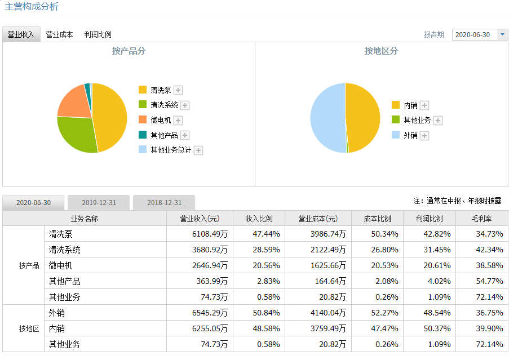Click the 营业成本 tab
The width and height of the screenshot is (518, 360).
[x=59, y=34]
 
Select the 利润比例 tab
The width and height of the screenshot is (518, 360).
[x=98, y=34]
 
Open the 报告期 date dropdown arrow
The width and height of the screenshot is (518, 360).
[x=503, y=34]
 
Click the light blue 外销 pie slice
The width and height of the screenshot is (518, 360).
[x=327, y=118]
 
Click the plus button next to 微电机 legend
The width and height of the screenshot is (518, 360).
[x=178, y=121]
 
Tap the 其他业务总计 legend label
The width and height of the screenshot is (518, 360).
[x=171, y=150]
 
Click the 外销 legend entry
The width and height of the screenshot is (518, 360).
[x=410, y=136]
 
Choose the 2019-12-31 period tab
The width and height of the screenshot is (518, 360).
[x=99, y=203]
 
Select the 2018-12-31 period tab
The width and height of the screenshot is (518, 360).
[x=164, y=203]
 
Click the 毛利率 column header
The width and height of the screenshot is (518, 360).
[x=480, y=219]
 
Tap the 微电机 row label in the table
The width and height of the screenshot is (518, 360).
[x=61, y=265]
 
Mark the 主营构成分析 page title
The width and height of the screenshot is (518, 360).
[x=32, y=7]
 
